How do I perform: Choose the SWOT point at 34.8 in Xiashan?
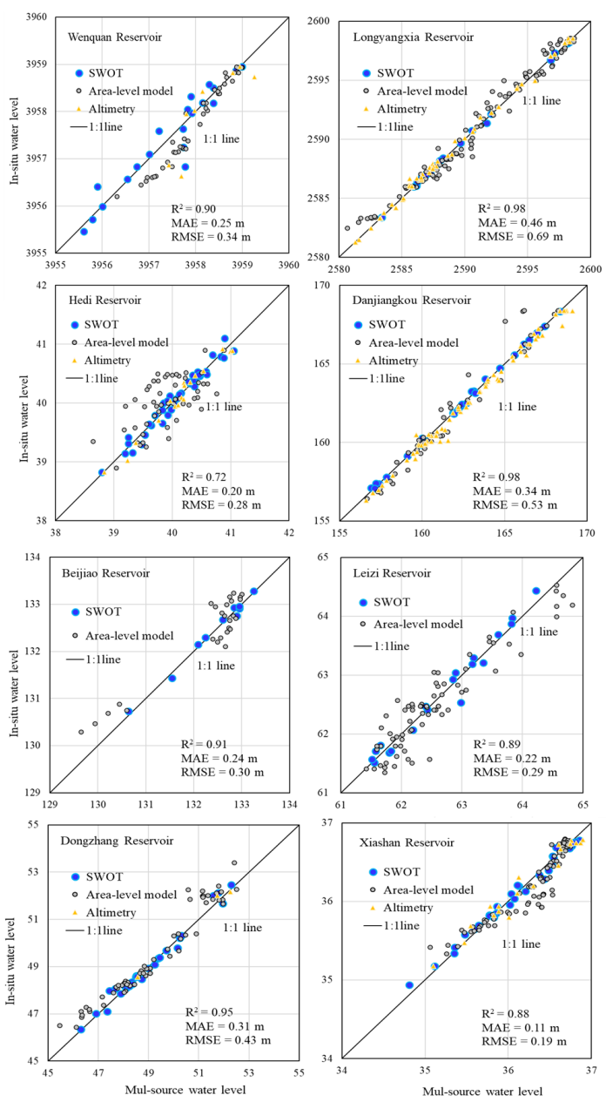point(409,985)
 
